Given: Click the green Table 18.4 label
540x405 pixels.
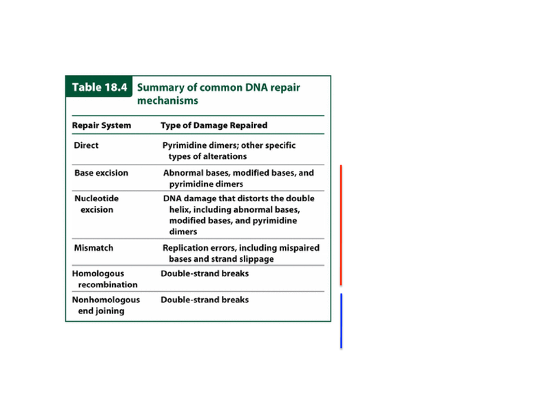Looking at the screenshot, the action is pos(99,87).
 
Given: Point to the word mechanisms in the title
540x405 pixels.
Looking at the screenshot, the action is pos(168,101).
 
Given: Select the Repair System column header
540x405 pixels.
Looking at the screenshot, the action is pos(102,125).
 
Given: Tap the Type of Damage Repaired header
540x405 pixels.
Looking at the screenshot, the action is pos(214,125).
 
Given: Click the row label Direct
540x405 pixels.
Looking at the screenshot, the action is pos(86,145).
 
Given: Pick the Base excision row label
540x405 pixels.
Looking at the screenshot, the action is pos(101,173).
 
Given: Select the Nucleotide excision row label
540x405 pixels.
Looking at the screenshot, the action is pos(96,204).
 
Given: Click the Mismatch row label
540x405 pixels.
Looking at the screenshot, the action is pos(94,248).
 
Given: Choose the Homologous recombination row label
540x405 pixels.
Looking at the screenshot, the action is pos(105,279).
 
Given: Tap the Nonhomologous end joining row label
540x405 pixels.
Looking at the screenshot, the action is pos(106,305).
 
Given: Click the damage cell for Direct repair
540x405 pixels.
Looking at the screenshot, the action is pos(229,151).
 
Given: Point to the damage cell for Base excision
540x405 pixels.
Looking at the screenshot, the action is pos(238,178).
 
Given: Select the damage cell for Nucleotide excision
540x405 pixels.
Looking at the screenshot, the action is pos(238,215).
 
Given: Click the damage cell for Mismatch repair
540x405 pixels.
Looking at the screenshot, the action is pos(241,253).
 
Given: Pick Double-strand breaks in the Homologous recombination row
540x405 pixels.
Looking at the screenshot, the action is pos(205,273).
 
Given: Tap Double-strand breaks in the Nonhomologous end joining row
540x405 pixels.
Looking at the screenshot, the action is pos(205,300).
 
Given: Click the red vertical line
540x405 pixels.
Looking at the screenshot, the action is pos(341,225).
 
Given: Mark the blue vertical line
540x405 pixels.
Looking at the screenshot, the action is pos(342,321).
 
